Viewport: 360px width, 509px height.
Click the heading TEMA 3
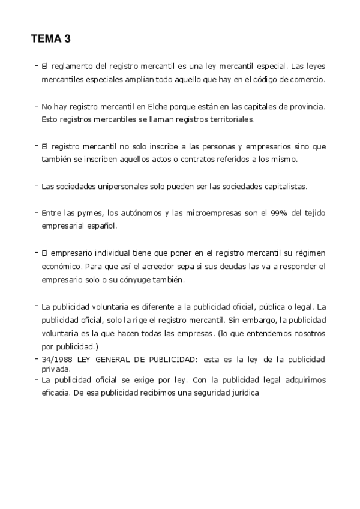click(50, 40)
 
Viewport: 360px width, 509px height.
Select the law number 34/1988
click(57, 359)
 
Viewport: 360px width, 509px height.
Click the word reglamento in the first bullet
click(71, 65)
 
